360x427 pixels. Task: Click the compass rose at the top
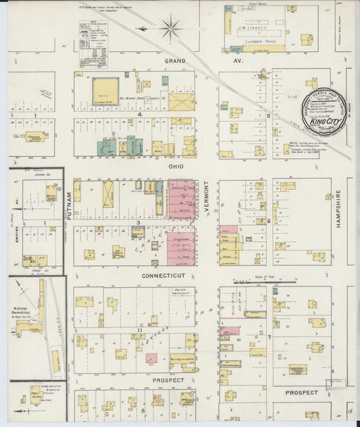point(170,28)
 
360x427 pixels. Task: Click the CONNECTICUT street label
point(163,276)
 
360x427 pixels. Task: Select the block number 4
point(139,114)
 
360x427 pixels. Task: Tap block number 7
point(269,336)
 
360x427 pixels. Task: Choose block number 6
point(269,221)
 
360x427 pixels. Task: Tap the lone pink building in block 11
point(151,359)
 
